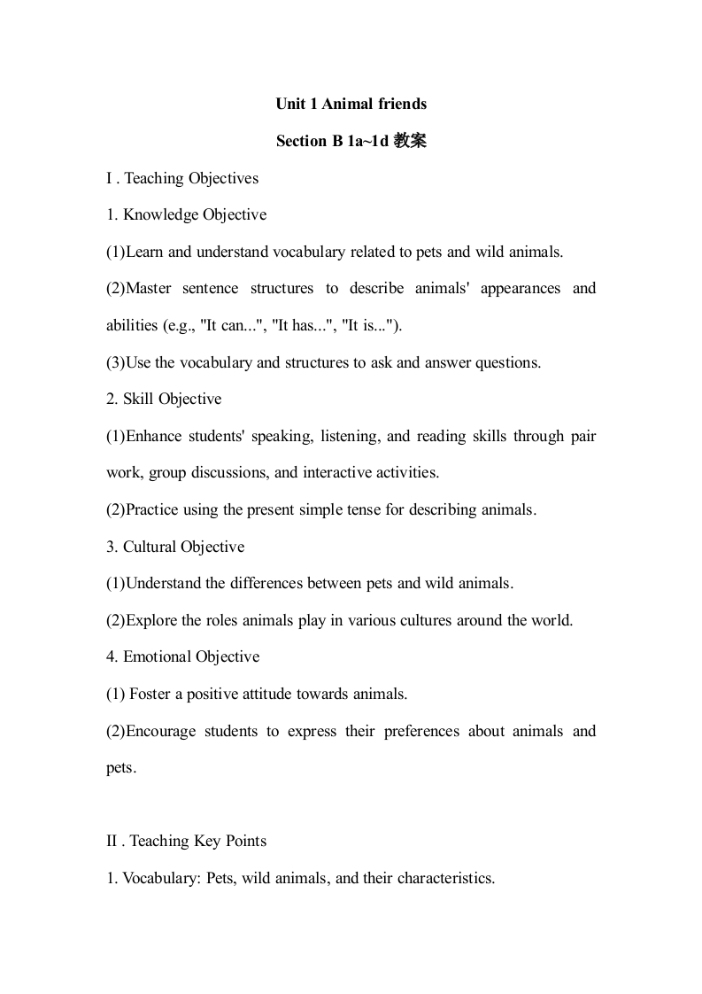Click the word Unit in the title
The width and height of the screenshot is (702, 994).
coord(289,104)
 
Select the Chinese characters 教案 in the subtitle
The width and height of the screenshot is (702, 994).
coord(411,141)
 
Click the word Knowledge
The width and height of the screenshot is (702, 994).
coord(161,214)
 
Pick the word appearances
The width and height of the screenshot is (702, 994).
coord(521,288)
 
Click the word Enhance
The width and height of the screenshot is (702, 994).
coord(158,436)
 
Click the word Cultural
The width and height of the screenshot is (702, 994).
coord(150,547)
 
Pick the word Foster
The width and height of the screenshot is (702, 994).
coord(150,694)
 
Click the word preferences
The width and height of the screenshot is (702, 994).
coord(421,731)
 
